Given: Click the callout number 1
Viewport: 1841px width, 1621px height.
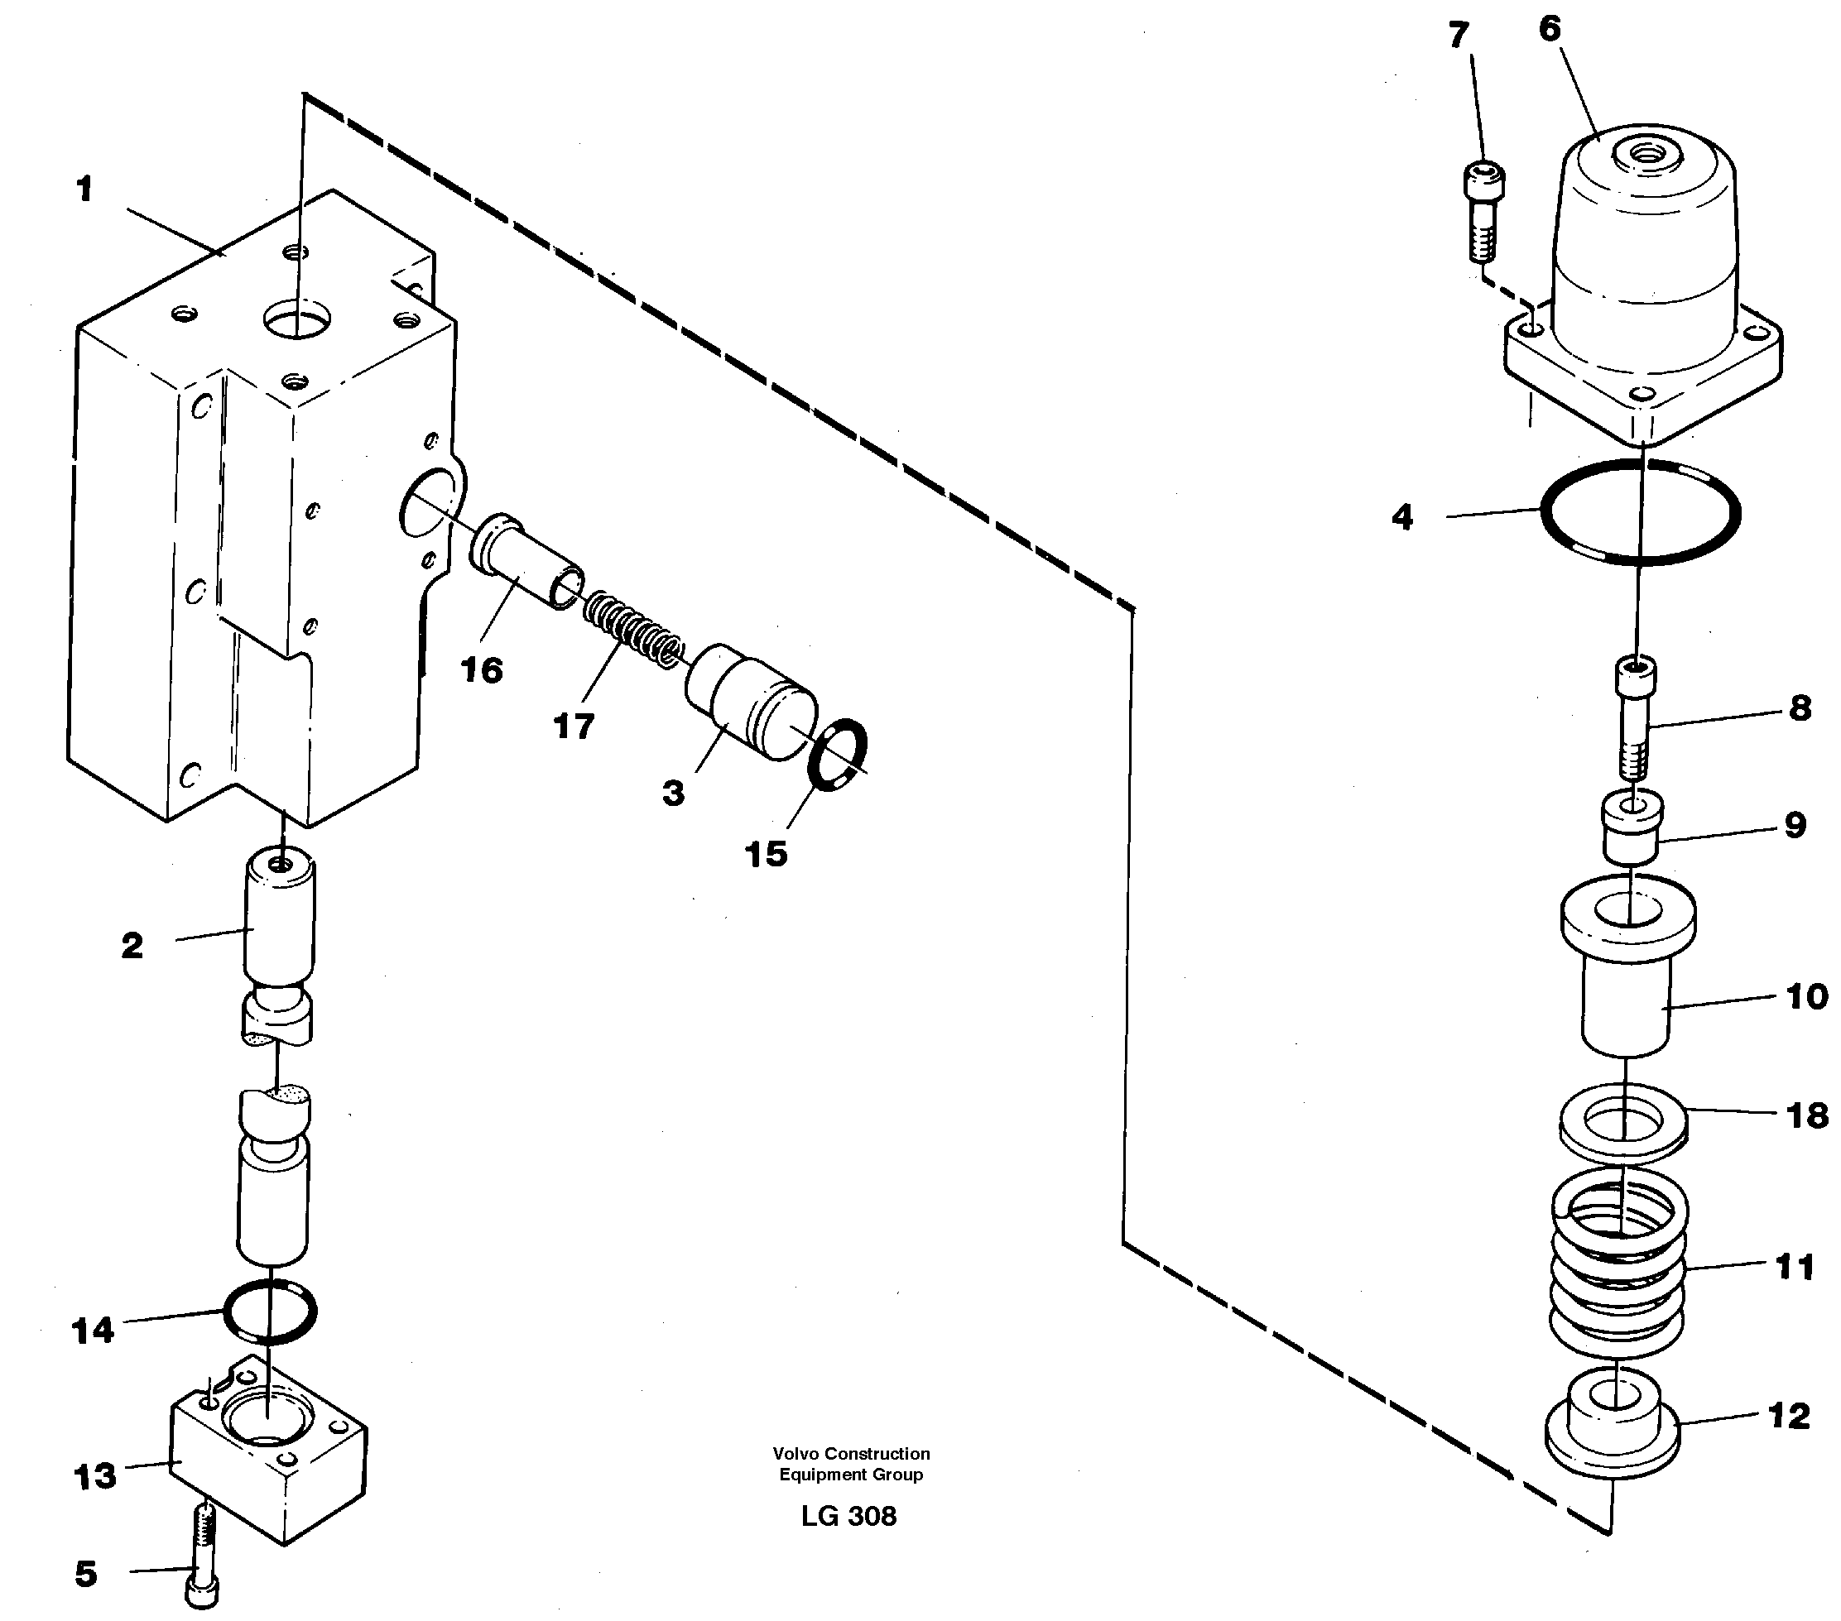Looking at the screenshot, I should pos(84,190).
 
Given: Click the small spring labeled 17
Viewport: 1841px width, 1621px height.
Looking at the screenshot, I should pos(633,630).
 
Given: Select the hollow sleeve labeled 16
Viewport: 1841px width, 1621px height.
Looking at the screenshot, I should pos(527,559).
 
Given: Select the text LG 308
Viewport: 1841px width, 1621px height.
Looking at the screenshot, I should pos(848,1517).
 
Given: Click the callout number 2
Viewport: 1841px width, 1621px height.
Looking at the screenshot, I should pos(132,947).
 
